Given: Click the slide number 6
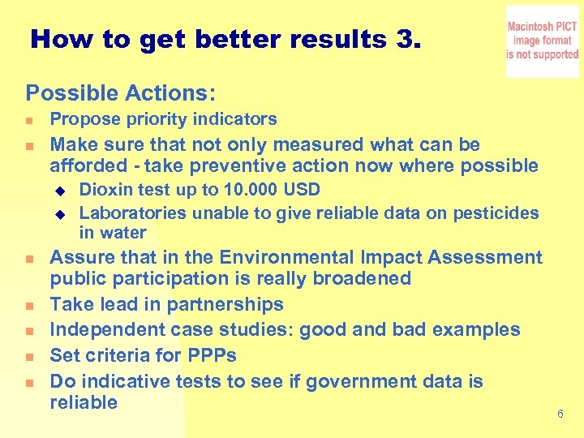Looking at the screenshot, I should click(560, 414).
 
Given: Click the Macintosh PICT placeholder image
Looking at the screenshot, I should click(543, 41).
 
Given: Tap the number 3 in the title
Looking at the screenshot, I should click(407, 39).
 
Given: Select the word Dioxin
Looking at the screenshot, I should click(103, 190).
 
